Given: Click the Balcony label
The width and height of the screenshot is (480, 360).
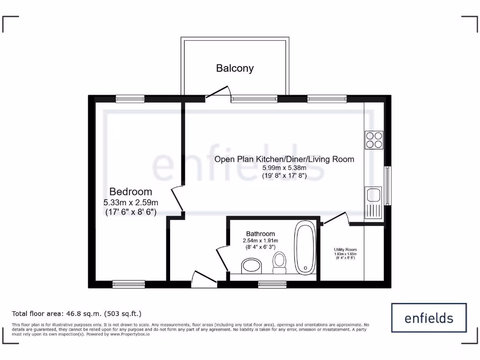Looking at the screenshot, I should (x=235, y=68).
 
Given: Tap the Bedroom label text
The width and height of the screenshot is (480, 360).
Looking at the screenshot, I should (x=131, y=192).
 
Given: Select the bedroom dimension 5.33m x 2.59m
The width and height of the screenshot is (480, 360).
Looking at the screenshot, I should (x=131, y=202).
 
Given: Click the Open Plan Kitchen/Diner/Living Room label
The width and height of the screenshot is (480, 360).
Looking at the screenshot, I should (x=284, y=159).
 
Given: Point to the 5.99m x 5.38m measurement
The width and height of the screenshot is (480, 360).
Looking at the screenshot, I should (x=284, y=168).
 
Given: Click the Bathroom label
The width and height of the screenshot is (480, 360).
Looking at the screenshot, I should (x=261, y=234).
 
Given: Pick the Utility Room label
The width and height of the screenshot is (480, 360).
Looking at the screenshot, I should (x=345, y=250).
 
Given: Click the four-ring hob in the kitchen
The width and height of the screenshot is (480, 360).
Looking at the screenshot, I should (x=374, y=139).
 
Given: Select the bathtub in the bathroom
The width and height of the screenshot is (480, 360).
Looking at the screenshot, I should (x=305, y=247).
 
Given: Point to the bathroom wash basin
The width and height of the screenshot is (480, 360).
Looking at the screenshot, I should (x=253, y=266).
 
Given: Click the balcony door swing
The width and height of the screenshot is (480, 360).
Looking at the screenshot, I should (x=218, y=91).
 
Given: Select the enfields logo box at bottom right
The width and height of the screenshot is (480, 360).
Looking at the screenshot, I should (x=429, y=318).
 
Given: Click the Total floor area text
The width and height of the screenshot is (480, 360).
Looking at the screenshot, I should (x=76, y=314).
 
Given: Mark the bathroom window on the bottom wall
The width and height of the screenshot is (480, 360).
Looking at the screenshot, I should (x=272, y=284).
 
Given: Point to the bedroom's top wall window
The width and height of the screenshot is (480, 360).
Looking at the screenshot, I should (x=130, y=98).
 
